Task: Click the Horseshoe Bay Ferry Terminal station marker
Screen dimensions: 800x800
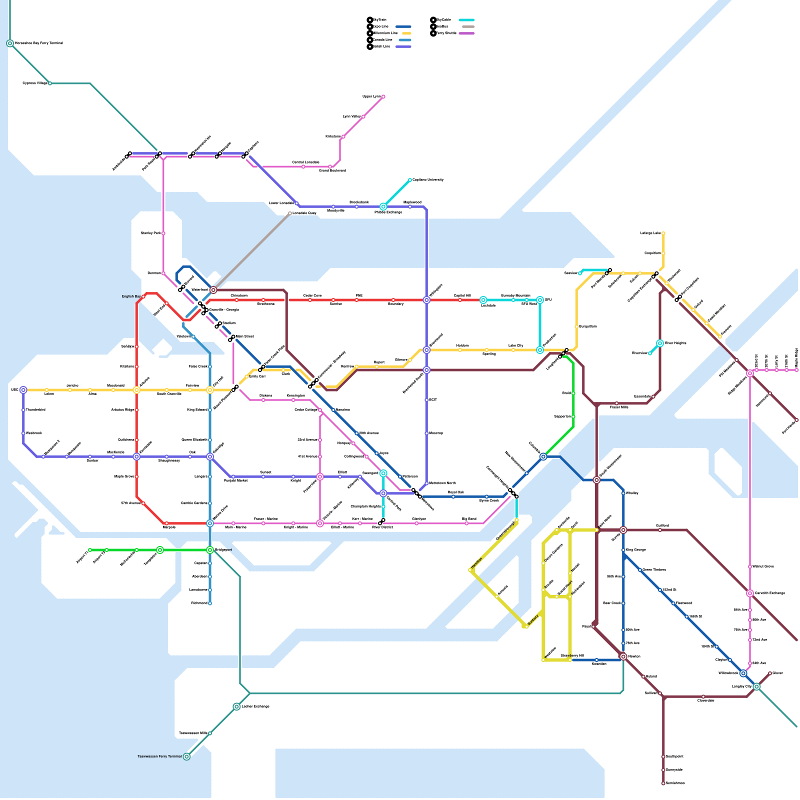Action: (10, 43)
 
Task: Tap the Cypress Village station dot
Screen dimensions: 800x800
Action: (50, 83)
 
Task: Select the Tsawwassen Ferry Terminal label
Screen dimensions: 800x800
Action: (160, 756)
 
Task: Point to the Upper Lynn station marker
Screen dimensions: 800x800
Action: (383, 97)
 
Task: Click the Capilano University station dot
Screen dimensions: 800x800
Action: (410, 180)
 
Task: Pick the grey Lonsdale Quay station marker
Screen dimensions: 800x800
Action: (290, 213)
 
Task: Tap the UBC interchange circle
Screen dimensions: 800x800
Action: (23, 390)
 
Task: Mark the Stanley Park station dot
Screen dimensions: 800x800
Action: (163, 233)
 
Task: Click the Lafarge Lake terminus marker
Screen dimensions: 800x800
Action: (663, 233)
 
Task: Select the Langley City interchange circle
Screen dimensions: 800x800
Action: (756, 687)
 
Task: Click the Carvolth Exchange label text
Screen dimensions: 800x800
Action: (770, 593)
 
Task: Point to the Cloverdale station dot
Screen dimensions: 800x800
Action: (703, 696)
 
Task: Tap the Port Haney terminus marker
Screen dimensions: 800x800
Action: (796, 420)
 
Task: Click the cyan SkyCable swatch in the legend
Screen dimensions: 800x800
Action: (466, 20)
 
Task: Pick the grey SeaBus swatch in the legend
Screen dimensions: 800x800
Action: (468, 26)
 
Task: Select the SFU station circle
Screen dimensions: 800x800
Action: (540, 300)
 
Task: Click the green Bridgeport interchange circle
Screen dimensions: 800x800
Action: (210, 550)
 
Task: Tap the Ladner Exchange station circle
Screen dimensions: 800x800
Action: (236, 706)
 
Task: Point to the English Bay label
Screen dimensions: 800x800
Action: (131, 296)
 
